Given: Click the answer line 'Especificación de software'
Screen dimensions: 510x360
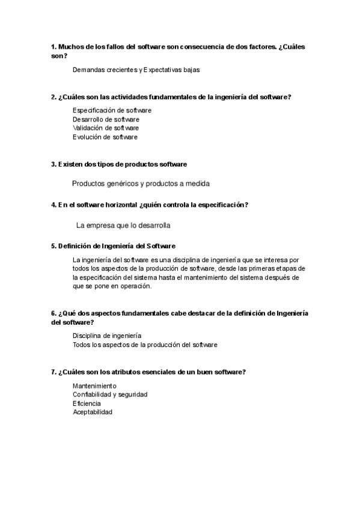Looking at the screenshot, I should [112, 110].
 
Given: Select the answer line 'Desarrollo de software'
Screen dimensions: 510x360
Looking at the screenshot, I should [106, 119].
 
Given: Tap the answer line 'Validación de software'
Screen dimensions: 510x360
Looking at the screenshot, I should [106, 128].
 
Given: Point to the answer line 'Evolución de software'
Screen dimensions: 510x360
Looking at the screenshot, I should [105, 137].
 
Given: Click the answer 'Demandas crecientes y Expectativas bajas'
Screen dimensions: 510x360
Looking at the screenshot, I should [136, 70].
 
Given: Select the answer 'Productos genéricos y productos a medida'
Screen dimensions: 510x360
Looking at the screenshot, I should [141, 183].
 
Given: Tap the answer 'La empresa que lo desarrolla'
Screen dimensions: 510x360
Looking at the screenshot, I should [123, 226].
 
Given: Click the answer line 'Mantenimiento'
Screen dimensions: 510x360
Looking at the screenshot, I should [94, 386].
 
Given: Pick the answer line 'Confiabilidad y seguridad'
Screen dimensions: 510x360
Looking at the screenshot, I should [110, 395].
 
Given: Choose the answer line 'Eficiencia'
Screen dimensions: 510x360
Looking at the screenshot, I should [87, 404].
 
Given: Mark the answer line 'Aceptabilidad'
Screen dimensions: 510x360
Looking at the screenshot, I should [93, 413].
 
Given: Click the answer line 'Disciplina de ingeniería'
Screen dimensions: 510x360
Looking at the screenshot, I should [107, 336].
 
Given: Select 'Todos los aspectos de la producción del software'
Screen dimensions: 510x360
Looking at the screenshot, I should [145, 345].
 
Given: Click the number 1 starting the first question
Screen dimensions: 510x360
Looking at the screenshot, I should [53, 46].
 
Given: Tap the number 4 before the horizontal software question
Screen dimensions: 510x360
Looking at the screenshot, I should [53, 205].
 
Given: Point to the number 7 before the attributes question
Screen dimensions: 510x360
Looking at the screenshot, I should [53, 372].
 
